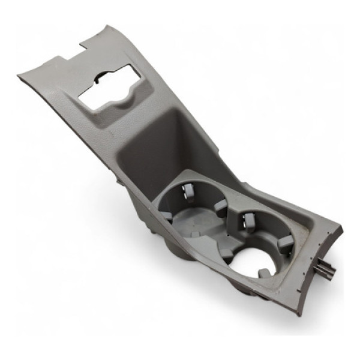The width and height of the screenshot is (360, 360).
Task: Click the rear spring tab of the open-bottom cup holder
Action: point(247,221)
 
